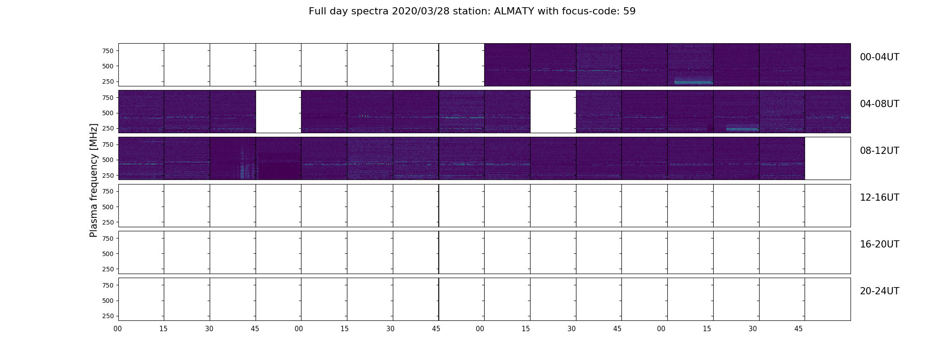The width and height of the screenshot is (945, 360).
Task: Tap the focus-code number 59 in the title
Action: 630,11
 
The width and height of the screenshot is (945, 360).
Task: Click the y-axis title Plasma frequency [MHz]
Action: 94,180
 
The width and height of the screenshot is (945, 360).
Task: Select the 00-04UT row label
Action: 880,57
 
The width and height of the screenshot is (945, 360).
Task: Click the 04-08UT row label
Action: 880,104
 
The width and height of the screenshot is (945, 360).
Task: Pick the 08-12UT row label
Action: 880,151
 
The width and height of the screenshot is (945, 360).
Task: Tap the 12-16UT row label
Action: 880,198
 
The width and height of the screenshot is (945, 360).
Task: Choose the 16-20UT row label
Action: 880,244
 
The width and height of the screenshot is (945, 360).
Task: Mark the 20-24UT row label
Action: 880,291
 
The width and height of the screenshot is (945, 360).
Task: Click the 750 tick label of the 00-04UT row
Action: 108,51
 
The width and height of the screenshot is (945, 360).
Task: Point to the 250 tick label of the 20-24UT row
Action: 108,316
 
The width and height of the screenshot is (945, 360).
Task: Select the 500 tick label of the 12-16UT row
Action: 108,207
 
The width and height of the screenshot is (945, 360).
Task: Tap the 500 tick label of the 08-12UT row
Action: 108,160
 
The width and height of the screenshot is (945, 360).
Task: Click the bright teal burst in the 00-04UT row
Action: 693,82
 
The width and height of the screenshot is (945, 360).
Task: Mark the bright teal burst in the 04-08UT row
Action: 742,128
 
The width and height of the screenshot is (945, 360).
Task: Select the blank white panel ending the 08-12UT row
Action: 828,158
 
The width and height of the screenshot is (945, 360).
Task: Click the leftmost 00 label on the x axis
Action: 118,329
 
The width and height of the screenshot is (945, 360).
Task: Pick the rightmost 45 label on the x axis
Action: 798,329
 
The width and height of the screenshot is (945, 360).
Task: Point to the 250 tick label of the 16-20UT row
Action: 108,269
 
